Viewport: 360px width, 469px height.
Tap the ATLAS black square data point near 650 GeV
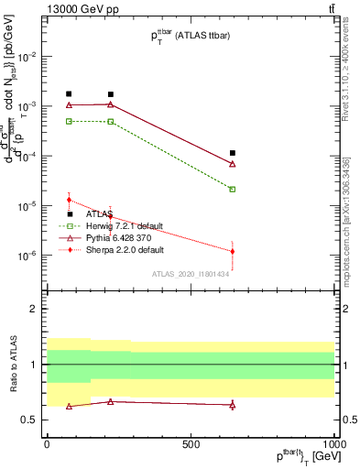233,153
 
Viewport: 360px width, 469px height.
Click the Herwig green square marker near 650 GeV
233,190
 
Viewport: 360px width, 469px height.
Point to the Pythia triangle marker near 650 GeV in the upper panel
233,164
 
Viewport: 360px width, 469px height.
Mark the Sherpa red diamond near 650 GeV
233,251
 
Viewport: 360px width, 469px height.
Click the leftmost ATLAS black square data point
69,94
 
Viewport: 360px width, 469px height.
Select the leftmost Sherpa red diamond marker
69,200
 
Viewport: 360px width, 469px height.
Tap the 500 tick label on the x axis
190,444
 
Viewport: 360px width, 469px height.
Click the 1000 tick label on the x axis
333,444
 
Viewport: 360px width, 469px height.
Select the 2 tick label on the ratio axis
35,310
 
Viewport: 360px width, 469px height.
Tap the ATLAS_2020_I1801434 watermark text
190,274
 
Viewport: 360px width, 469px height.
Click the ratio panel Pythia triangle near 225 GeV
111,401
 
